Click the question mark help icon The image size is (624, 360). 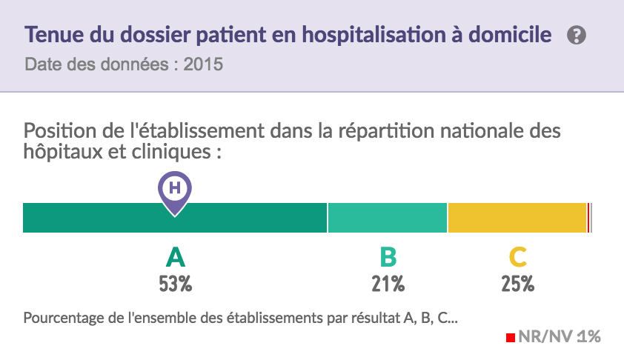[577, 35]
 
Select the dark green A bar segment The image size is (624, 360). [96, 218]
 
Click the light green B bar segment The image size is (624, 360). [387, 218]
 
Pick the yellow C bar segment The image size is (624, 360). [517, 218]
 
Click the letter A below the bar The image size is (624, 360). [175, 257]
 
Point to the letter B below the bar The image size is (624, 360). [388, 257]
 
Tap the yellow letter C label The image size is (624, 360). [517, 257]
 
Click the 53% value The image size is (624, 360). [175, 284]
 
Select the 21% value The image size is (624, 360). [388, 284]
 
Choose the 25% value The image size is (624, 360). [517, 284]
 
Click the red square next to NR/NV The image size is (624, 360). [511, 338]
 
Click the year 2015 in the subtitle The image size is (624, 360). [204, 64]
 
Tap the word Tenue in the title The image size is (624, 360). [49, 35]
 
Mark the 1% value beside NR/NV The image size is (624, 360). [588, 337]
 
